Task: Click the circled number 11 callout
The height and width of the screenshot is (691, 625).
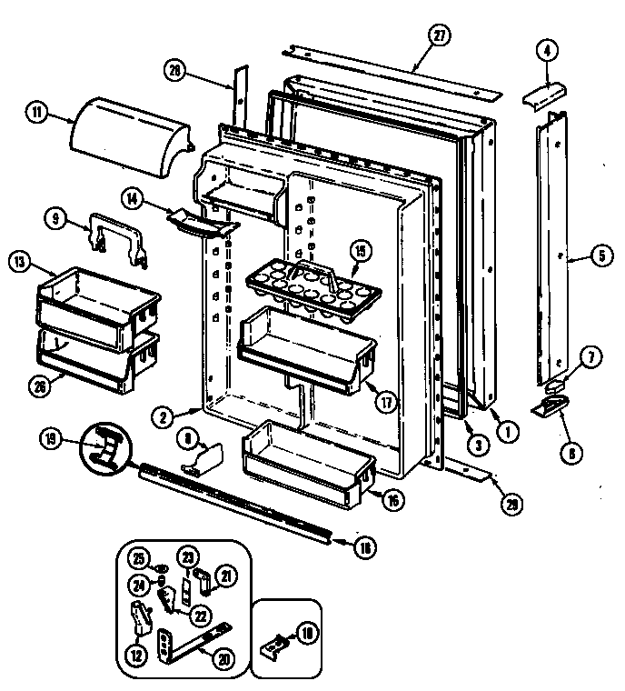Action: [35, 114]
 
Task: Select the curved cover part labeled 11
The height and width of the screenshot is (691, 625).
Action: [133, 138]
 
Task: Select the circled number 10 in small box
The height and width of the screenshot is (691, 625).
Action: [307, 634]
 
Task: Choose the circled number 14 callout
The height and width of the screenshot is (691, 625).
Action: [134, 196]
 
